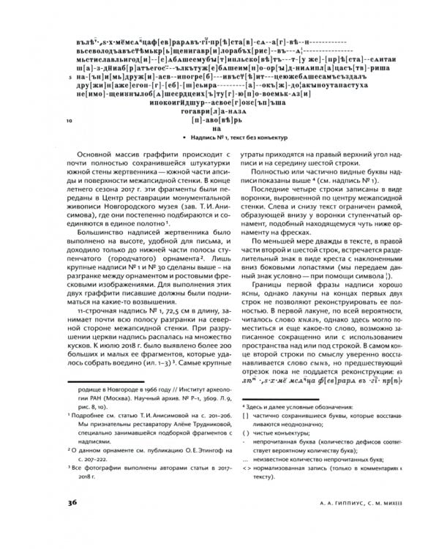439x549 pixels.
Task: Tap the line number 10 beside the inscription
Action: coord(68,120)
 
